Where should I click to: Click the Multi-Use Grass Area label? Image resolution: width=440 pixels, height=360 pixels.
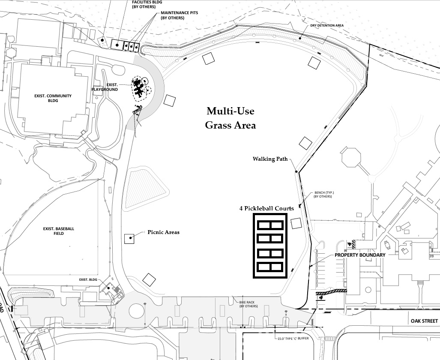click(230, 118)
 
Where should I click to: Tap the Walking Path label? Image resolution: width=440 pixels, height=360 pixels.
click(270, 159)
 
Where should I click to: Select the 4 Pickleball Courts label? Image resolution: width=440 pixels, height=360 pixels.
click(266, 208)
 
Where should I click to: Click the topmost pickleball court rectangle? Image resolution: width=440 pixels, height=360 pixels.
click(270, 225)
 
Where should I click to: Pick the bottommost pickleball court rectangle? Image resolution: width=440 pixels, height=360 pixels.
click(270, 268)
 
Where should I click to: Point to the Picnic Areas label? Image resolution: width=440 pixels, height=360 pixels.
click(164, 232)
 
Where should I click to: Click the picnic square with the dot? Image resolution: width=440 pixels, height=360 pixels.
click(129, 239)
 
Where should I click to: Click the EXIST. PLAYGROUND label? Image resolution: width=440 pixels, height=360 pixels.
click(105, 87)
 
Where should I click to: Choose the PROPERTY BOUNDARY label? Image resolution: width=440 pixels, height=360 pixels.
click(360, 255)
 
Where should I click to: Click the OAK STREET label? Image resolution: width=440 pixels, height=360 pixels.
click(424, 321)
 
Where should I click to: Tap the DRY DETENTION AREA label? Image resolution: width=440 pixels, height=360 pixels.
click(327, 25)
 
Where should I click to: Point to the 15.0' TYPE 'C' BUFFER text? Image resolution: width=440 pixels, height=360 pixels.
click(293, 339)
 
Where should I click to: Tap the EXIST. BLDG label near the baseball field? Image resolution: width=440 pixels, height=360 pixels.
click(89, 280)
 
